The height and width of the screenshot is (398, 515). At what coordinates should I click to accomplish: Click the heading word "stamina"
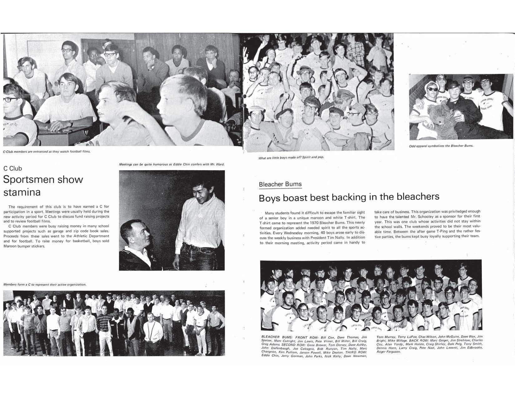click(22, 192)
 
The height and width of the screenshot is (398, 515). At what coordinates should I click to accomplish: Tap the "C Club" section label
click(13, 169)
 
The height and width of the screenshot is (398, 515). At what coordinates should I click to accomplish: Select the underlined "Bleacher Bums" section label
click(280, 184)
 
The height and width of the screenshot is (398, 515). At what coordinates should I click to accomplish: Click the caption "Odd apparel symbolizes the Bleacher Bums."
click(441, 146)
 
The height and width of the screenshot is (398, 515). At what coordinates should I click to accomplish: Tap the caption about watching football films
click(47, 152)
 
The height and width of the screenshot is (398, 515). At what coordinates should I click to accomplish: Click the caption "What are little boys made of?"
click(291, 158)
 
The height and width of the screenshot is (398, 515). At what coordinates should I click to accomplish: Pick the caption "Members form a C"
click(45, 284)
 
